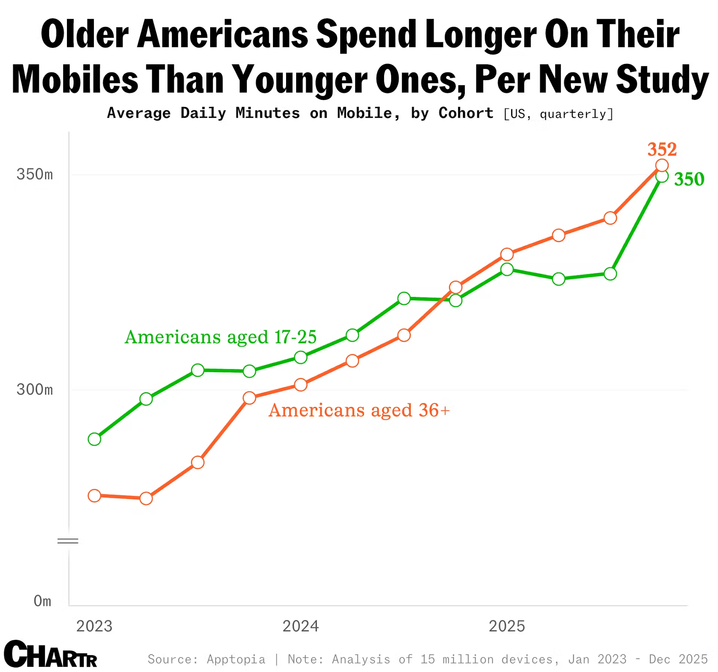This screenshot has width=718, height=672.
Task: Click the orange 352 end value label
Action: point(662,149)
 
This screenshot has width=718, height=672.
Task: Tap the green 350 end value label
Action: point(689,179)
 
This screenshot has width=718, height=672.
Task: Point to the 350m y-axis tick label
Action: point(35,174)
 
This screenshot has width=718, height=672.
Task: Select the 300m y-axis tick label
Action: point(35,389)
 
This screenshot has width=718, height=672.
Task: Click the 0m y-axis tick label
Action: point(42,601)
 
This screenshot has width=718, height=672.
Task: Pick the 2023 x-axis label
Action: point(94,626)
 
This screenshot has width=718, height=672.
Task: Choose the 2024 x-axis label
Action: point(301,626)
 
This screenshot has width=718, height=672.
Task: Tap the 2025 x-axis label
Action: point(507,626)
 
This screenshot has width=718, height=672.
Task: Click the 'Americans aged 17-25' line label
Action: point(221,337)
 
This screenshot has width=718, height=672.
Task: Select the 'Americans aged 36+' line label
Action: point(359,410)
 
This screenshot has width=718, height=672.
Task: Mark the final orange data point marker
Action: point(662,165)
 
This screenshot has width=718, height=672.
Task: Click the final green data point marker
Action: point(662,177)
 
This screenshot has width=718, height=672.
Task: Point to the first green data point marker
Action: point(94,439)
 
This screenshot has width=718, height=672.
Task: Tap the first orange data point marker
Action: point(94,496)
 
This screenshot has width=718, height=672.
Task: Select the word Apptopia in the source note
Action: point(236,659)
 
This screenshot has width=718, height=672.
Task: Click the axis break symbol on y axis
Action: point(68,541)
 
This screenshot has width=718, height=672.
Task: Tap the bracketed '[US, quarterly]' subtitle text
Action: point(558,114)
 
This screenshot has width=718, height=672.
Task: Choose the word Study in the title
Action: point(662,79)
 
